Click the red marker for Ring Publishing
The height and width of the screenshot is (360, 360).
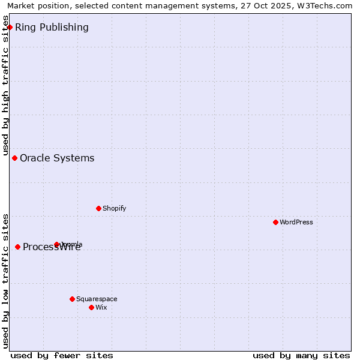10,27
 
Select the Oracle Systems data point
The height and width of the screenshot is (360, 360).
14,158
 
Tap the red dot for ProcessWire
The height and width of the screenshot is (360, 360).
17,247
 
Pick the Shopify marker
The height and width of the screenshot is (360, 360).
98,208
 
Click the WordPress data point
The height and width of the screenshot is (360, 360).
275,222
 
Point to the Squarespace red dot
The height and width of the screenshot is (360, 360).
72,299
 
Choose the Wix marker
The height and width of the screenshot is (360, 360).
91,307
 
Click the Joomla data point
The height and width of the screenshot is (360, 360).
56,244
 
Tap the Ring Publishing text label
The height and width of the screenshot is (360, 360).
52,27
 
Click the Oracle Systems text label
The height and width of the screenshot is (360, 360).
57,158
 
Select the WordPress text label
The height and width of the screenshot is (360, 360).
296,222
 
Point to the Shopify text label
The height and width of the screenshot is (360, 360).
114,208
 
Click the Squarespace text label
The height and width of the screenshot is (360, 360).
97,299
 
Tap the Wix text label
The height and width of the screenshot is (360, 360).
101,307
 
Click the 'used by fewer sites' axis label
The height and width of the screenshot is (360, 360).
62,355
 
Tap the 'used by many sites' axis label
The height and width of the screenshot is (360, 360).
301,355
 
